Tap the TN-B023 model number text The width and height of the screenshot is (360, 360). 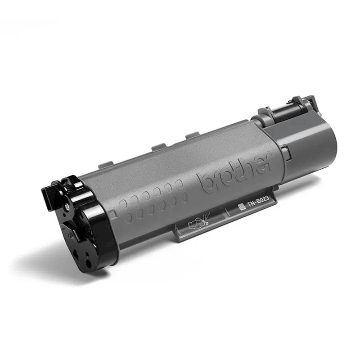pos(257,202)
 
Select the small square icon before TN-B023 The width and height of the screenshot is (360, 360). pos(241,207)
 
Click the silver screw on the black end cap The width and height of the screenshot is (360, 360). pos(67,207)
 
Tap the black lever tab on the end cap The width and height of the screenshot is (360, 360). pos(48,195)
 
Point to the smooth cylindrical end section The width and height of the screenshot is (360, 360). pos(310,148)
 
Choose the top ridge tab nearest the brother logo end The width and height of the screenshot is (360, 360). pos(193,135)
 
